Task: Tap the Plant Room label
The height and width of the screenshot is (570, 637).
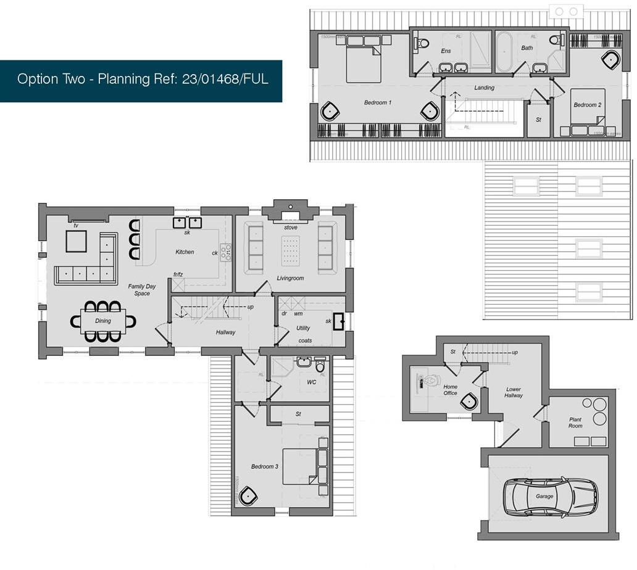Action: pos(575,423)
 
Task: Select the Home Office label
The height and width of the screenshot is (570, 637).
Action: pos(451,390)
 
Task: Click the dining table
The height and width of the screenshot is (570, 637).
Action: pos(103,321)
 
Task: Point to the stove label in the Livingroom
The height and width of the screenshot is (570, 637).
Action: pos(291,228)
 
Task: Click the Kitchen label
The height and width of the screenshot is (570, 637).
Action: pos(185,252)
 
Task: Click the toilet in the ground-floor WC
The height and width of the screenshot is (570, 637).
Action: pos(320,366)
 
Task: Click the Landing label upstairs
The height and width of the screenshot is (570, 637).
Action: pos(484,88)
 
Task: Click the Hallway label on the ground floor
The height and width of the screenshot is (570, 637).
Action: pos(225,332)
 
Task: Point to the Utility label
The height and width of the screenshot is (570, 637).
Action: pos(303,328)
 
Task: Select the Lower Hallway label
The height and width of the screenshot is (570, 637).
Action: pos(514,392)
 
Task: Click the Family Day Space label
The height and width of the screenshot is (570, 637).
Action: pos(142,290)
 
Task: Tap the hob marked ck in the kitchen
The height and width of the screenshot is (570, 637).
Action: pos(226,252)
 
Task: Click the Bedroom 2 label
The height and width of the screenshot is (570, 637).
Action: pos(587,105)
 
